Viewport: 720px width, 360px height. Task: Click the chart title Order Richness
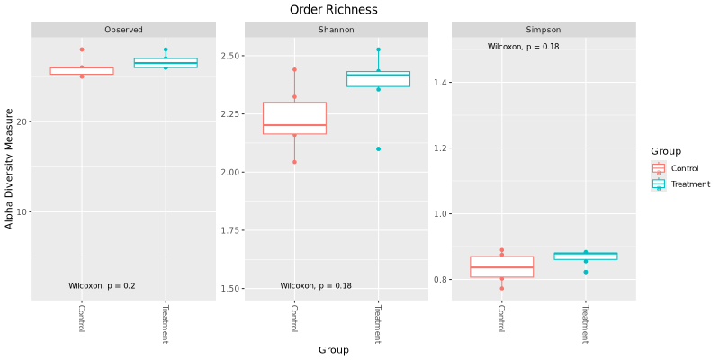[x=333, y=9]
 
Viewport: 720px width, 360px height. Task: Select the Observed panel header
[x=123, y=30]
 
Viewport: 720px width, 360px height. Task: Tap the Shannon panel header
[x=336, y=30]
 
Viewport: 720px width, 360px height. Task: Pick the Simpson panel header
[x=544, y=30]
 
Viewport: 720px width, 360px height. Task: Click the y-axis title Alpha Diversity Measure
[x=10, y=168]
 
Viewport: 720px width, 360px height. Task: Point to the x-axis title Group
[x=333, y=350]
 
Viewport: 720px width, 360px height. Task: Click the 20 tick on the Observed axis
[x=22, y=121]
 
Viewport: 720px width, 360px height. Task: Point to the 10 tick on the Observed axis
[x=22, y=212]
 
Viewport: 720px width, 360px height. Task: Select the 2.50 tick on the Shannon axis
[x=231, y=56]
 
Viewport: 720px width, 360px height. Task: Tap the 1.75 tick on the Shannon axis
[x=231, y=230]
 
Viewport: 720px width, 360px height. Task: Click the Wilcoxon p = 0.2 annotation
[x=102, y=286]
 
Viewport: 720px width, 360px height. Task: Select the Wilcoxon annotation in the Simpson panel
[x=524, y=47]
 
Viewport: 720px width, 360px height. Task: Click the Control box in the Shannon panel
[x=294, y=118]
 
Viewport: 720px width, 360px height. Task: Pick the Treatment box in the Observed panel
[x=166, y=63]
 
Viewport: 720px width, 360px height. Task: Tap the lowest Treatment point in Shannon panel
[x=378, y=149]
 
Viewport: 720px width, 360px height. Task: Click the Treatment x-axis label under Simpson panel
[x=585, y=324]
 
